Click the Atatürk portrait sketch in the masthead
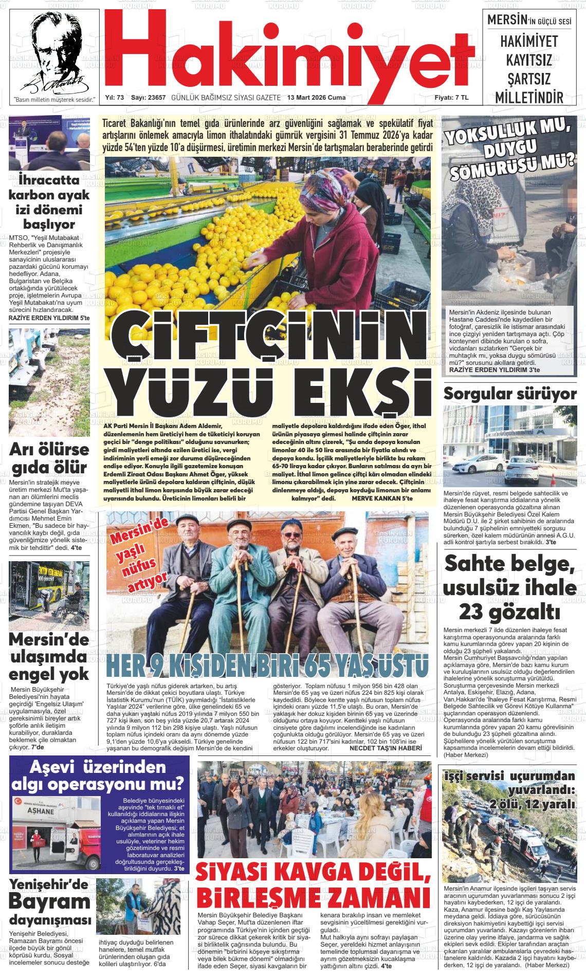click(x=52, y=51)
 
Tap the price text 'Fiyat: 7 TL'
click(x=451, y=98)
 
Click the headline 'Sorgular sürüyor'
click(x=510, y=394)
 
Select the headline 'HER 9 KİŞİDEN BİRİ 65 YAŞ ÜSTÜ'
click(x=267, y=667)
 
